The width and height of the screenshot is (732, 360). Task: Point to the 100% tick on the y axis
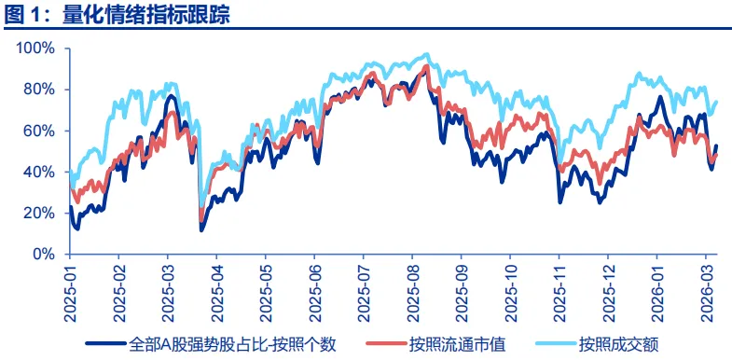click(40, 48)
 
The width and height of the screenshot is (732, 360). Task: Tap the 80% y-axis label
click(44, 90)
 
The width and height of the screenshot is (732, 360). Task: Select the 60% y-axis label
click(44, 131)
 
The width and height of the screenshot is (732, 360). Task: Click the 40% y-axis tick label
click(44, 172)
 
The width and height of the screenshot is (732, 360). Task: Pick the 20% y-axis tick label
click(44, 213)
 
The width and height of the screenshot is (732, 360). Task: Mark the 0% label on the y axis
click(48, 254)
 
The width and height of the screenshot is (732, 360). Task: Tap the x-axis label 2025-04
click(217, 291)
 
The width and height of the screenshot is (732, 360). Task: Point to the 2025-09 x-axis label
click(462, 291)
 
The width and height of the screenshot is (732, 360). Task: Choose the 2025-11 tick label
click(559, 291)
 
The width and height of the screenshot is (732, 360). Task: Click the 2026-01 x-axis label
click(657, 291)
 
